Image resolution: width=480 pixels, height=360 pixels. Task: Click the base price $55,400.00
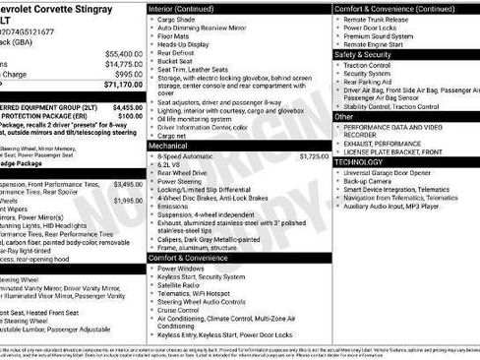pos(123,53)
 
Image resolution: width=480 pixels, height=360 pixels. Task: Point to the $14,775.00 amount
pos(123,63)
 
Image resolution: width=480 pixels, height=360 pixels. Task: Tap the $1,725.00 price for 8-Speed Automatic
pos(314,155)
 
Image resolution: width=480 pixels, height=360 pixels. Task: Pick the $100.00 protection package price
pos(130,116)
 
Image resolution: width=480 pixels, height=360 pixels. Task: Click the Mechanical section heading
pos(168,145)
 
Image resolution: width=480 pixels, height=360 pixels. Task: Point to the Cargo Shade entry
pos(176,19)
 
